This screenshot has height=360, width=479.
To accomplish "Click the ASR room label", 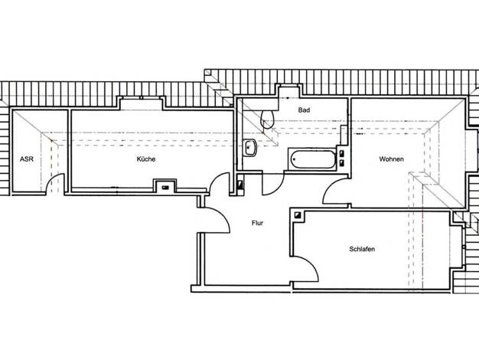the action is click(x=27, y=159).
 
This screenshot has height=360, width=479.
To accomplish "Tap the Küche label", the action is click(x=146, y=159).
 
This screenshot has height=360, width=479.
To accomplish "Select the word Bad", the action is click(x=304, y=110).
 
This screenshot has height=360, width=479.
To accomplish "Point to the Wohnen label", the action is click(x=391, y=159).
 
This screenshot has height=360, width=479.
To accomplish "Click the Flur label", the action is click(x=258, y=223).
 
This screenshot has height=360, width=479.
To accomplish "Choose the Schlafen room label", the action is click(x=362, y=249).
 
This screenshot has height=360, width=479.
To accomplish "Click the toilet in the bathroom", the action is click(x=267, y=119).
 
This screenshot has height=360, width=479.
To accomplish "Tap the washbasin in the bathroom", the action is click(x=250, y=148).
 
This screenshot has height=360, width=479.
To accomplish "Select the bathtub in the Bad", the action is click(x=313, y=159).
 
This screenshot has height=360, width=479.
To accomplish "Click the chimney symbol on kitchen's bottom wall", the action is click(x=165, y=188).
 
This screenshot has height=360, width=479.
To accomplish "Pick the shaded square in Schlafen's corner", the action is click(x=298, y=215).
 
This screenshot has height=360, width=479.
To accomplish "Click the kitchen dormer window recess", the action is click(x=141, y=103).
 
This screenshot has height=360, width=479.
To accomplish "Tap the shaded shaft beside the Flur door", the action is click(x=241, y=185).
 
